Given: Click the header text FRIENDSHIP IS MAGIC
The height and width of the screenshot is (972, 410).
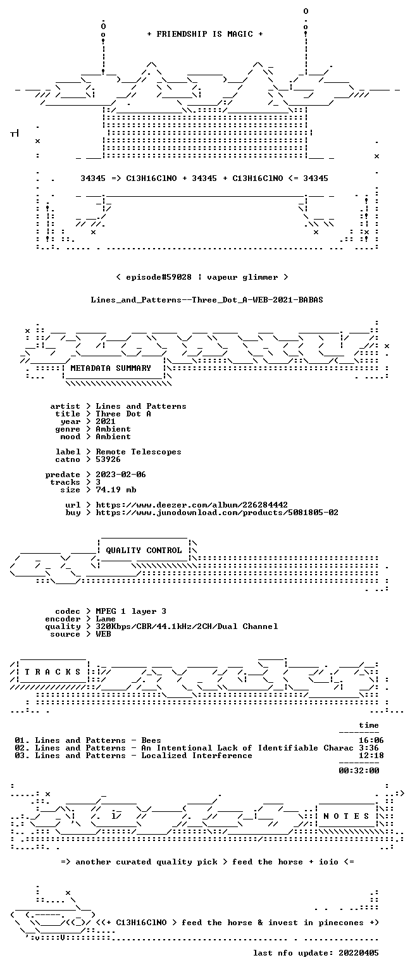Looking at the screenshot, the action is coord(205,34).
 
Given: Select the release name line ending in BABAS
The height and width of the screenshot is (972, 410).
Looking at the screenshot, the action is coord(207,300).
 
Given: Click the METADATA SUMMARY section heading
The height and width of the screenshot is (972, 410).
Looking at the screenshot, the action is coord(111,368).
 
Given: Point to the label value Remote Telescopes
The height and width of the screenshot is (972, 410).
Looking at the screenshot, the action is coord(139,452).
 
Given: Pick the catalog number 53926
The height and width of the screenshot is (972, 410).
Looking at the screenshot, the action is coord(108,459).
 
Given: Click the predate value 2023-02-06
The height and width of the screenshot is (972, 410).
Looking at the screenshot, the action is coord(121,474).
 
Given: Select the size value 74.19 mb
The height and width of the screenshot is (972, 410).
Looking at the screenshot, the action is coord(116,489).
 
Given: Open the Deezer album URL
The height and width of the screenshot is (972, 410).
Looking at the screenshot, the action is coord(192,504).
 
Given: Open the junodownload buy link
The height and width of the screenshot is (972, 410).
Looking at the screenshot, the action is coord(217,513).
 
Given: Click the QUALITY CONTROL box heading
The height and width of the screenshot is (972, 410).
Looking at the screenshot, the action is coord(144,550).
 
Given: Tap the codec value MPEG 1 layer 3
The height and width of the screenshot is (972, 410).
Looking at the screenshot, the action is coord(131,611).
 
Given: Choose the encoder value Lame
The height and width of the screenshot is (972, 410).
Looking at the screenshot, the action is coord(106,619).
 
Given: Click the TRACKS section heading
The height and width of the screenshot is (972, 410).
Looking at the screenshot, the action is coord(53,671).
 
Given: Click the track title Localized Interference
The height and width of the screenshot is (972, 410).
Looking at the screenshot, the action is coord(197,756).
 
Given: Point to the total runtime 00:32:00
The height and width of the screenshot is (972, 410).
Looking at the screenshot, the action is coord(359,771).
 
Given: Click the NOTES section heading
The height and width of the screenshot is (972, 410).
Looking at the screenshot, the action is coord(346,816).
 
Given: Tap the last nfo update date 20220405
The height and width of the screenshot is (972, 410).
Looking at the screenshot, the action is coord(359,953).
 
